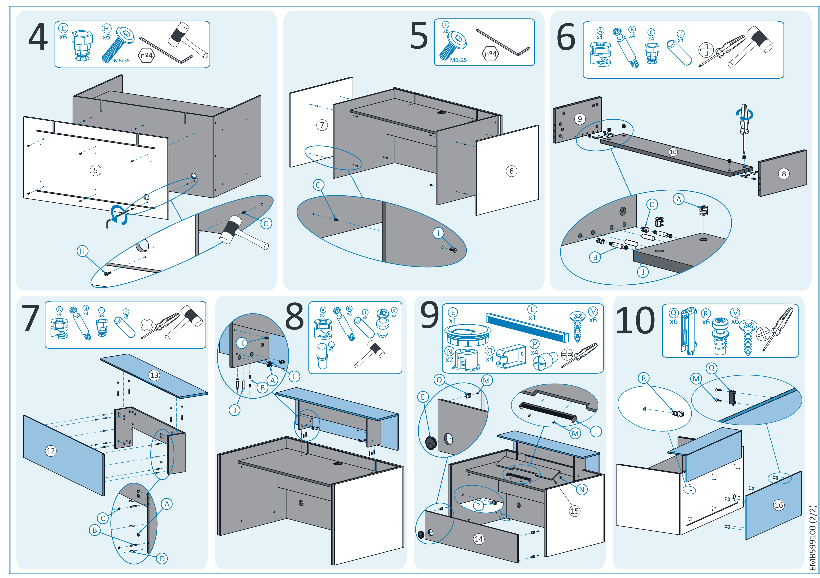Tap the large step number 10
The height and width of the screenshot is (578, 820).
[x=635, y=321]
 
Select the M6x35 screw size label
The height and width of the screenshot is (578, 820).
[x=121, y=61]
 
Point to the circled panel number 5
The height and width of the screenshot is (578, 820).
[x=95, y=170]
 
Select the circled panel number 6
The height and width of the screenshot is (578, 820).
[x=511, y=171]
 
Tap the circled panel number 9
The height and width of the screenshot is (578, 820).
[x=580, y=119]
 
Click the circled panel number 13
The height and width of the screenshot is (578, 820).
[x=154, y=375]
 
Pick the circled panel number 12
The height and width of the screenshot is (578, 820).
[x=51, y=451]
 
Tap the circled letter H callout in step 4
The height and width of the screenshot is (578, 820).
[x=83, y=251]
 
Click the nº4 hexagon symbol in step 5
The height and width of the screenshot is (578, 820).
[x=491, y=54]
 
